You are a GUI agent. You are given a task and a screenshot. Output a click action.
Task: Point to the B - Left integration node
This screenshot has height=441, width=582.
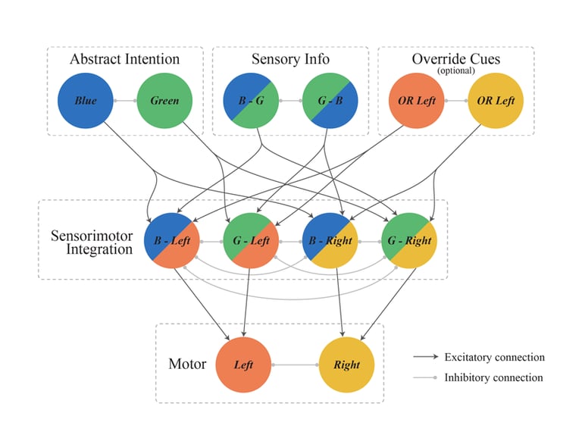172,241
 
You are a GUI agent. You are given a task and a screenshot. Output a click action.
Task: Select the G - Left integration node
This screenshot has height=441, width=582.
251,241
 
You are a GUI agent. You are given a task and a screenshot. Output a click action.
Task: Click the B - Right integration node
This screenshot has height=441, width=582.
330,241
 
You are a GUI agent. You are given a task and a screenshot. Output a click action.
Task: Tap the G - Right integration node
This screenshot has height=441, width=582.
409,241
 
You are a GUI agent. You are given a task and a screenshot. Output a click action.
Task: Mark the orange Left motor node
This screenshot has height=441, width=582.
244,364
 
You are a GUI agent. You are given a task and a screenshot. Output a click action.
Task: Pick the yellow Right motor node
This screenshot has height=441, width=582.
347,364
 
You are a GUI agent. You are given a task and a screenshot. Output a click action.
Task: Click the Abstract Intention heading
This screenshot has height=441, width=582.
124,59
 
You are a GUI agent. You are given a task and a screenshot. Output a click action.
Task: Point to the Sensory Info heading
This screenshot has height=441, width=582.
290,59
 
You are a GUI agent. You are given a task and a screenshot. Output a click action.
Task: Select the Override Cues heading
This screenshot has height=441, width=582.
455,58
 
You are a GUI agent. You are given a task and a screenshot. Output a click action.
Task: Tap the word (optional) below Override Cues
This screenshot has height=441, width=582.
455,70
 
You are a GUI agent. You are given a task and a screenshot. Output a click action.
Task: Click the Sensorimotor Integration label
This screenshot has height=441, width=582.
92,241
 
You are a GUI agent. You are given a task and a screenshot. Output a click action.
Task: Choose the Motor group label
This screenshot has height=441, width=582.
187,364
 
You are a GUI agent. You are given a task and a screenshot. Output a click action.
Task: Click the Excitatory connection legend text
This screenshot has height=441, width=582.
494,358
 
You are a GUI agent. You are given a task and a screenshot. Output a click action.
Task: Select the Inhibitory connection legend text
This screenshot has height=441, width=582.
493,377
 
